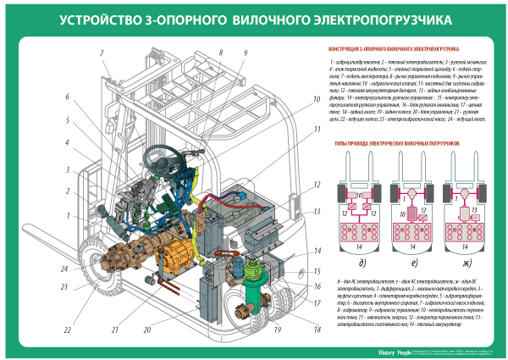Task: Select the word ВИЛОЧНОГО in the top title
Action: point(301,18)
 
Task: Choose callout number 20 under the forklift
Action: point(174,329)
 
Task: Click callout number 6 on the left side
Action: point(64,97)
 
